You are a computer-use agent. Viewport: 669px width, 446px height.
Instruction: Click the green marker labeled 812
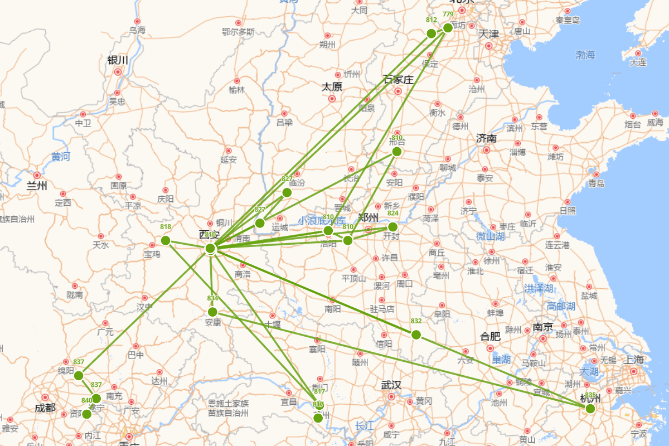431,33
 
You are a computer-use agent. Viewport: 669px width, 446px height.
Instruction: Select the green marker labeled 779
448,28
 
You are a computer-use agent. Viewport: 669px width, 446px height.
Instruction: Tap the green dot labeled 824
392,226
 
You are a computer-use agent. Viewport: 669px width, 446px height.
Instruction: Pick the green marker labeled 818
166,240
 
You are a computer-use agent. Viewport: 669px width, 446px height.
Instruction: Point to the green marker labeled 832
416,334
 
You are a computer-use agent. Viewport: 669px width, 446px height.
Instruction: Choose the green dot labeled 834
212,312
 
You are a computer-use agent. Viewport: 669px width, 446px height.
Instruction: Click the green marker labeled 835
590,409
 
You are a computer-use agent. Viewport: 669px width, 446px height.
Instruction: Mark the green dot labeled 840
86,414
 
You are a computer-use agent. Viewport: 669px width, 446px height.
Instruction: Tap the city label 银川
118,60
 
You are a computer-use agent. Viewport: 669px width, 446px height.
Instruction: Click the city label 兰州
37,186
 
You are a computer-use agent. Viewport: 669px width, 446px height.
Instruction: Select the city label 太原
332,88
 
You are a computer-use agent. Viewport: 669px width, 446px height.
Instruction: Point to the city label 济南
486,138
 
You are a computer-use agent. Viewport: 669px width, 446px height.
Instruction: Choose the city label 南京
542,327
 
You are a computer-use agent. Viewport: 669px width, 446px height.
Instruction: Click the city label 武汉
391,385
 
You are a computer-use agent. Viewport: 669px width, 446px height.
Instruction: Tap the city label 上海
634,360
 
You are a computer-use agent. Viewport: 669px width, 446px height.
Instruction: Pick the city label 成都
45,408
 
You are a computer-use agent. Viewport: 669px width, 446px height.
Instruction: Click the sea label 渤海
585,55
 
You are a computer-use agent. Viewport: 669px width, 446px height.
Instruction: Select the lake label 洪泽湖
538,288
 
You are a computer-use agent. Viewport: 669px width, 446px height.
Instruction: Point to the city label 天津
489,34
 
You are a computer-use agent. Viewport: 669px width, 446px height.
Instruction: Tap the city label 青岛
596,183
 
